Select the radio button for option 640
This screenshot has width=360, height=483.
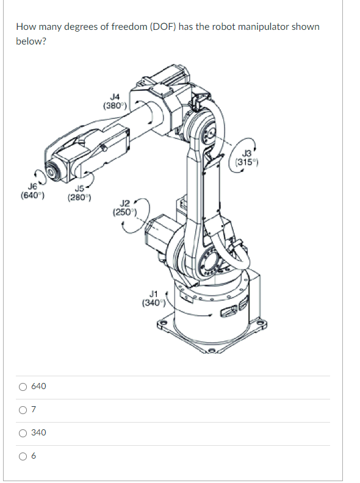(x=23, y=387)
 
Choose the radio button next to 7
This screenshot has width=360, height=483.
(x=23, y=410)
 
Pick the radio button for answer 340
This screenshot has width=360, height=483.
(x=23, y=433)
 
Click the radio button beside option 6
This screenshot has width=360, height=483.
(x=23, y=456)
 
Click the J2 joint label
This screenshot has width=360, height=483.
(x=125, y=203)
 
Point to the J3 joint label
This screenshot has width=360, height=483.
(x=247, y=153)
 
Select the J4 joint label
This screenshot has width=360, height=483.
(x=115, y=96)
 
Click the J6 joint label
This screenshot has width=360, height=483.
(x=32, y=186)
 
